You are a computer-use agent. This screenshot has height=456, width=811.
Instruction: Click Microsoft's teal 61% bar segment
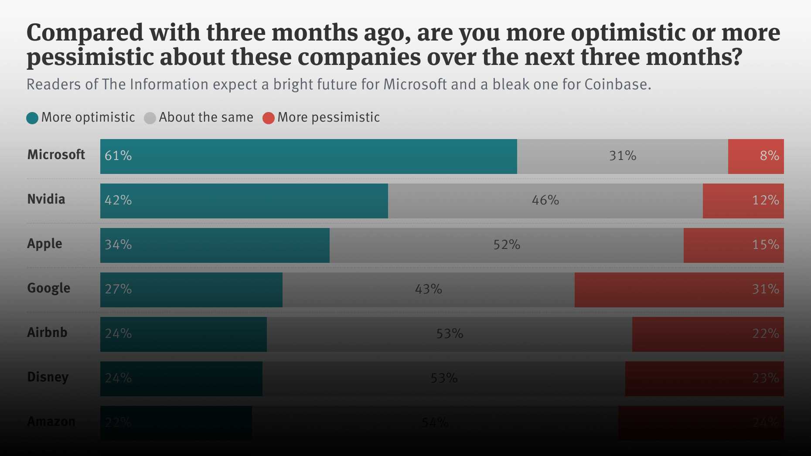[x=308, y=156]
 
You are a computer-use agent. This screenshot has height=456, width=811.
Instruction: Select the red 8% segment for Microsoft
[x=756, y=156]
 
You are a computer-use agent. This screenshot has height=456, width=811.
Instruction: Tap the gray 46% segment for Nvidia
[x=545, y=201]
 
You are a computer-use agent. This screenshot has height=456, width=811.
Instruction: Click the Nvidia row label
[x=46, y=199]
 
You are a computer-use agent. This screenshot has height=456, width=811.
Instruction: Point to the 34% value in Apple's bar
[x=118, y=245]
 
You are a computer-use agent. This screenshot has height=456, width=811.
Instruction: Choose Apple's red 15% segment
[x=733, y=245]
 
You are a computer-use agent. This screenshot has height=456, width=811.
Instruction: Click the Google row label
[x=48, y=288]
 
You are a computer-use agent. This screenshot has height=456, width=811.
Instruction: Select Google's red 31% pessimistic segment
[x=679, y=289]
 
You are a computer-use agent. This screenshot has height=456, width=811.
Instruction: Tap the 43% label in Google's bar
[x=428, y=289]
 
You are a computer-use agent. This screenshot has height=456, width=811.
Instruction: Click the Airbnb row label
[x=47, y=333]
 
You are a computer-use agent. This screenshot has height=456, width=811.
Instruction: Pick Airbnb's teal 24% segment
[x=183, y=334]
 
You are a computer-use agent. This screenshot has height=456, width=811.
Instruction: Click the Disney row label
[x=48, y=377]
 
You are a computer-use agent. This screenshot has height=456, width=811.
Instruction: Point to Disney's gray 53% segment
[x=443, y=378]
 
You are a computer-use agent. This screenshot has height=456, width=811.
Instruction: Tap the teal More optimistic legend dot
[x=32, y=118]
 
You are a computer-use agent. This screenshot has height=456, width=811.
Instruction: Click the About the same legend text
[x=206, y=117]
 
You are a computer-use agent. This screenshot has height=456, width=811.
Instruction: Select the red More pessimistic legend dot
[x=269, y=118]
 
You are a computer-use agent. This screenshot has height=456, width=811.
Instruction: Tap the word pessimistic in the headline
[x=90, y=57]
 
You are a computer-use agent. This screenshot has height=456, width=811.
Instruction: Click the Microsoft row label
[x=56, y=155]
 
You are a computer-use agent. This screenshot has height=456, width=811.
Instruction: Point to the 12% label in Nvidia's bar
[x=765, y=201]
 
